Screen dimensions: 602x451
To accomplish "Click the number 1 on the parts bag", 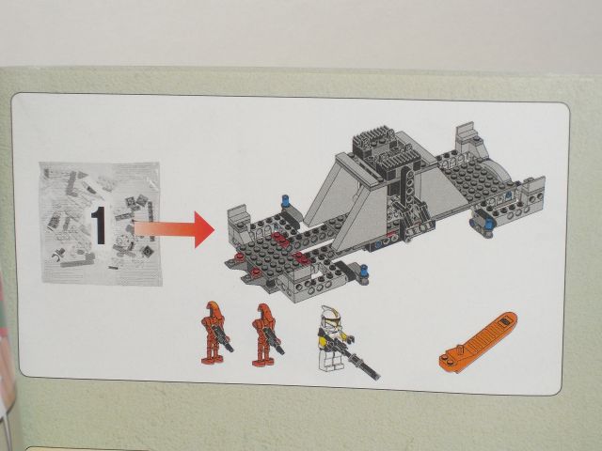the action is pos(99,225).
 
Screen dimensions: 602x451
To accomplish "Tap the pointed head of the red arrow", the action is pos(204,229).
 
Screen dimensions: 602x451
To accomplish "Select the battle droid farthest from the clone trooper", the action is pos(216,332).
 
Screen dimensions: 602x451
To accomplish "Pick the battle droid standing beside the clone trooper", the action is pos(267,334).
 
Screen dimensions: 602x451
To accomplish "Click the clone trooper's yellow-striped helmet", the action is pos(328,316).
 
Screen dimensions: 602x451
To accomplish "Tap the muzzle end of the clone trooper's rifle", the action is pos(377,377).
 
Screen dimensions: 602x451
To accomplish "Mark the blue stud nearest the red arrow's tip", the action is pos(286,200).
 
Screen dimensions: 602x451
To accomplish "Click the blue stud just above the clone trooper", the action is pos(365,272).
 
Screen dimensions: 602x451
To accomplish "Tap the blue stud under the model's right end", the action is pos(488,224).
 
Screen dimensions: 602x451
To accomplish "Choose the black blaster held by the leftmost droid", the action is pos(223,339).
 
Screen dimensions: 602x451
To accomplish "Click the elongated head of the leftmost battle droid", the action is pos(213,310).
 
